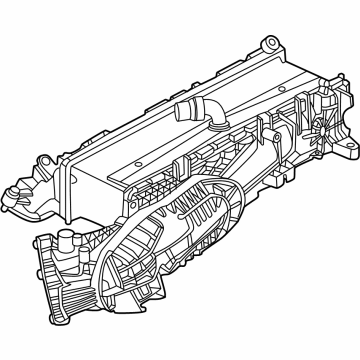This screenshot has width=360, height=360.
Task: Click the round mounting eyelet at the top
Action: [267, 43]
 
